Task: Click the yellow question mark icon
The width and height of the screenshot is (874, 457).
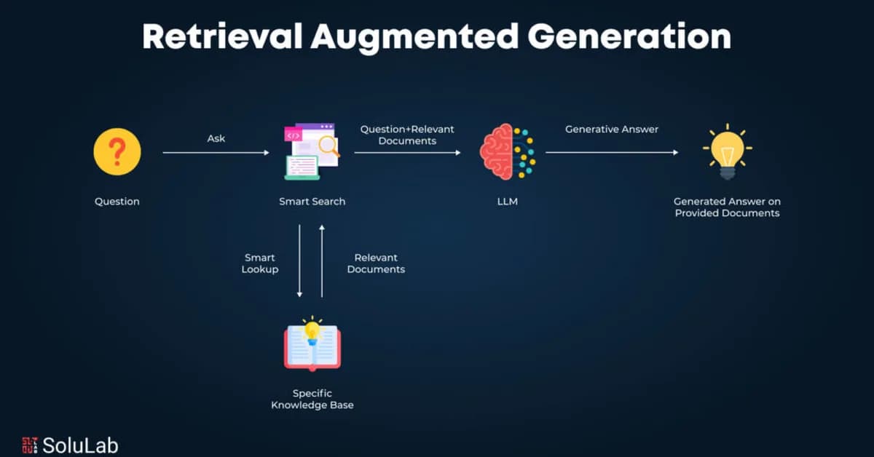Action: point(117,152)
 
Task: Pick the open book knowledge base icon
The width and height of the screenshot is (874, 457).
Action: point(312,345)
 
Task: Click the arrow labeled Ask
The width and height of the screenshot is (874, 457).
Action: point(216,153)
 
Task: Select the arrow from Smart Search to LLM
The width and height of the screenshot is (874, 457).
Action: point(407,153)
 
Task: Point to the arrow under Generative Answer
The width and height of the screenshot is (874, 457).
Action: point(612,153)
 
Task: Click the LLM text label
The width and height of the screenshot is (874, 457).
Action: point(507,202)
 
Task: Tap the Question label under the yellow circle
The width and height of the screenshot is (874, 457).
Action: point(117,202)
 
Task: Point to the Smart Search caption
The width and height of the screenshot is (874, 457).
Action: point(312,202)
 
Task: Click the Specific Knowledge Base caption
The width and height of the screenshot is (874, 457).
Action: point(312,399)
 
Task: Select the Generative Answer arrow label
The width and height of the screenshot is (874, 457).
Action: point(612,130)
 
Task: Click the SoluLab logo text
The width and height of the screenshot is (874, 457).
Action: point(80,445)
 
